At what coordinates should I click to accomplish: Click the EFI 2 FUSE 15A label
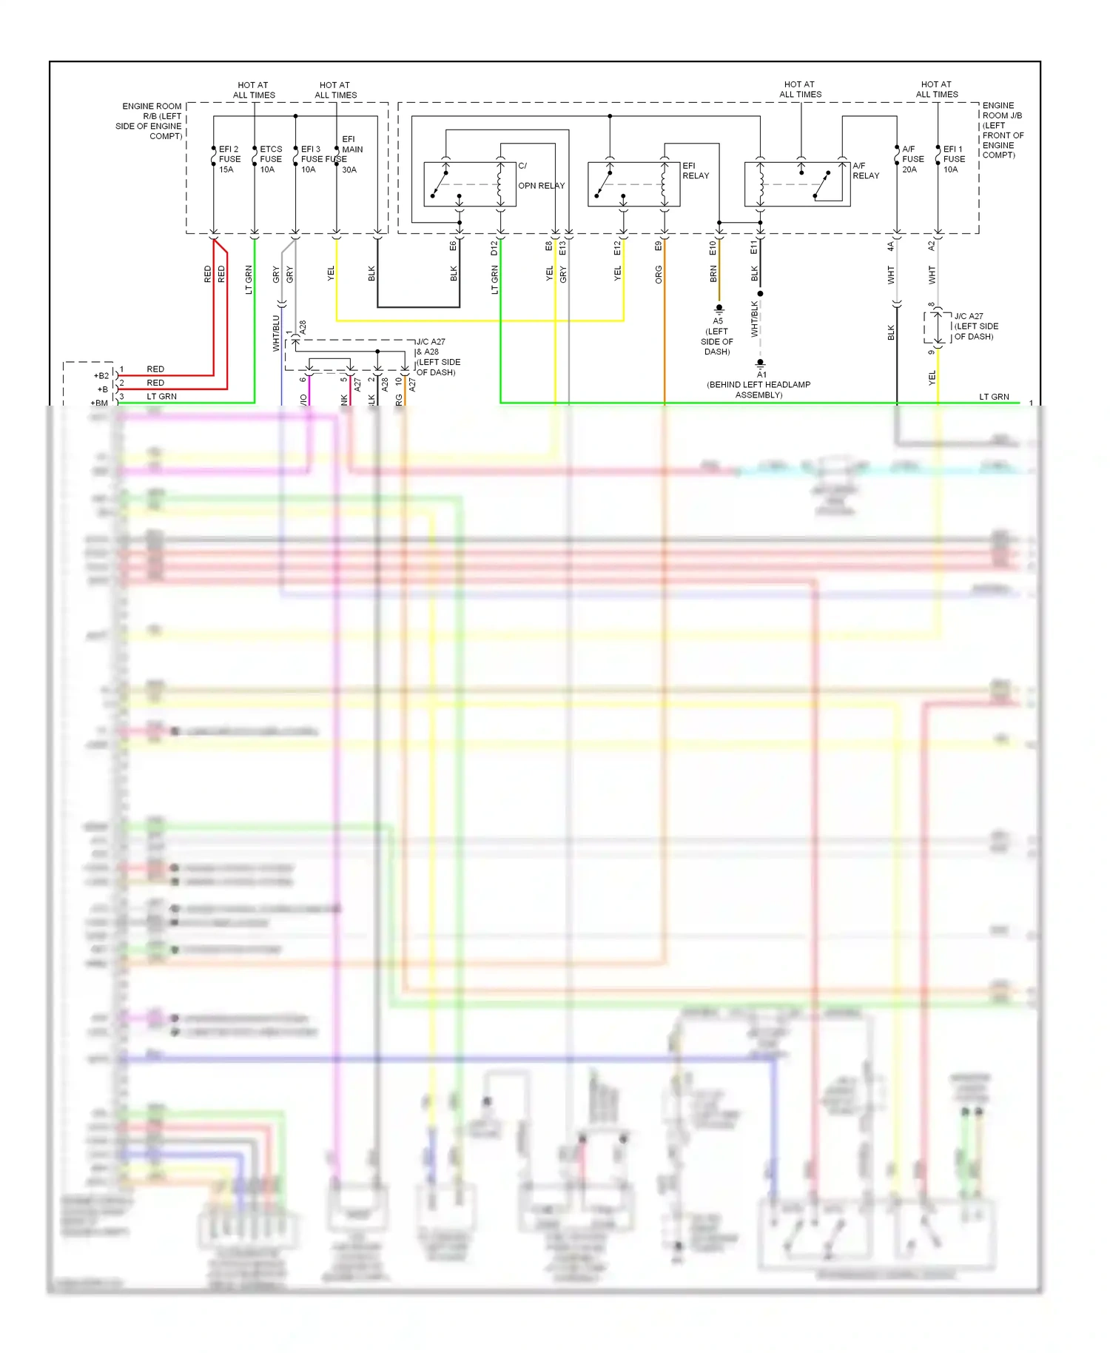click(x=229, y=159)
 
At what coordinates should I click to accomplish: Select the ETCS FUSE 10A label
click(x=271, y=159)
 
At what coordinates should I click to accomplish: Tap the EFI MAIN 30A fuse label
click(x=351, y=154)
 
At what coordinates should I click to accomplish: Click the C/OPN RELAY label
click(x=540, y=176)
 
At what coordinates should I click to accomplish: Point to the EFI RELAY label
click(x=695, y=171)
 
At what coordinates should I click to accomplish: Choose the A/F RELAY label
click(x=865, y=171)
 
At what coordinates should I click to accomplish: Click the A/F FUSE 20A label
click(x=912, y=159)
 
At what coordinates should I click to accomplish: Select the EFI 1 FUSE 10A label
click(x=954, y=159)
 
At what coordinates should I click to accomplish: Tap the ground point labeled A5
click(x=718, y=320)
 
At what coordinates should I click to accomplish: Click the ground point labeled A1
click(x=761, y=374)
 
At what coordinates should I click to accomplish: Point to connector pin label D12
click(x=494, y=248)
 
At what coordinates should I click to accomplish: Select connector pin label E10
click(x=713, y=248)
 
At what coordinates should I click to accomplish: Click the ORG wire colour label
click(x=659, y=275)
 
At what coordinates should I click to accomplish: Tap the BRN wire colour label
click(x=713, y=275)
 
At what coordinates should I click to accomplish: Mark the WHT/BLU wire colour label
click(x=276, y=333)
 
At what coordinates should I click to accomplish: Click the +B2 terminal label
click(x=101, y=376)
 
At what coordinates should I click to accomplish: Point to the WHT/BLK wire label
click(x=755, y=319)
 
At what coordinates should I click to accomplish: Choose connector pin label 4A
click(x=891, y=246)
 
